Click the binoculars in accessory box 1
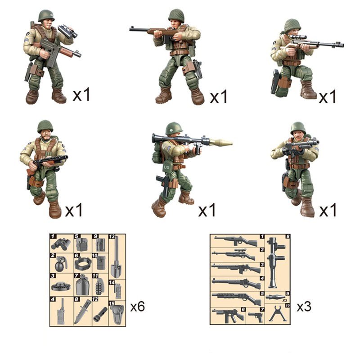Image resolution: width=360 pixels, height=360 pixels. point(61,244)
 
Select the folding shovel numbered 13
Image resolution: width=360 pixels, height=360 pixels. point(116,257)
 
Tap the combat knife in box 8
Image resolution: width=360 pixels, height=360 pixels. point(82,311)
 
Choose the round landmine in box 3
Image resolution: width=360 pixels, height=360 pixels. point(61,286)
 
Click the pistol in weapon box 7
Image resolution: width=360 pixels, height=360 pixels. point(256,317)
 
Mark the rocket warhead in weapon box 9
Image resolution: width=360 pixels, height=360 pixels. point(275,297)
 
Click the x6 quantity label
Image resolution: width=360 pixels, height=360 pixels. point(138,306)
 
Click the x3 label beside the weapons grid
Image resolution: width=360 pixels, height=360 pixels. point(304,306)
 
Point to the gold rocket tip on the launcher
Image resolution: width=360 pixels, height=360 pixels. point(220,142)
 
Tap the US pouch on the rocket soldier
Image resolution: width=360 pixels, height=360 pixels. point(166,167)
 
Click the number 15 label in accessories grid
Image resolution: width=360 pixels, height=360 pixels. point(112,303)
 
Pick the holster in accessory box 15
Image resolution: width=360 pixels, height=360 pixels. point(117,314)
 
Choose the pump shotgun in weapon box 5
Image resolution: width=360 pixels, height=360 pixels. point(236,297)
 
